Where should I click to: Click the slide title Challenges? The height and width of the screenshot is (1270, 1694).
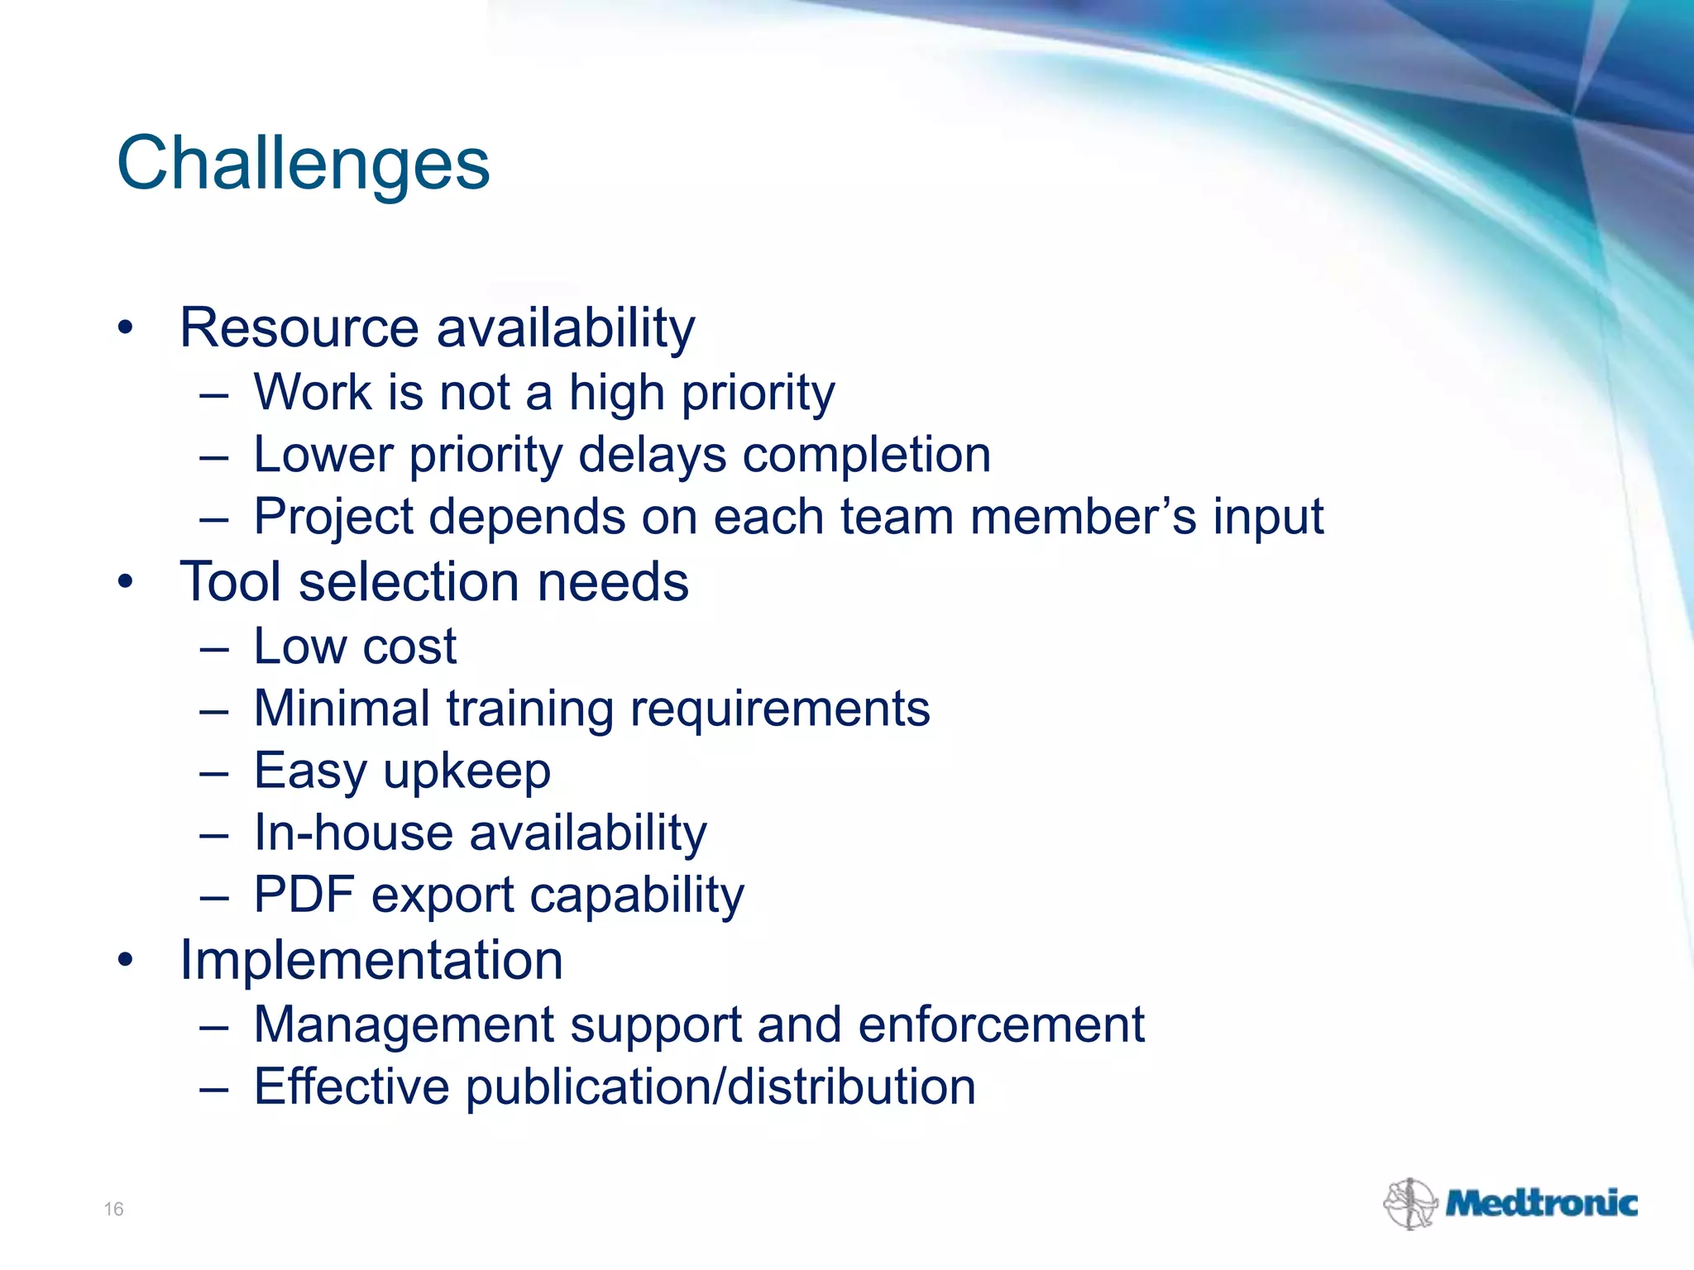click(303, 164)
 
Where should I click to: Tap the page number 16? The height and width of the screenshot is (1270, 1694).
click(113, 1209)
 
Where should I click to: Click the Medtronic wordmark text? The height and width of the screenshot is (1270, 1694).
click(1541, 1203)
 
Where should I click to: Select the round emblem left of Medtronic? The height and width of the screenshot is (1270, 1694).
click(1409, 1204)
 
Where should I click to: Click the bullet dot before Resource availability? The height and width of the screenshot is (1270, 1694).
click(125, 328)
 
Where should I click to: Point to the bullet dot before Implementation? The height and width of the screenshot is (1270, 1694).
click(125, 961)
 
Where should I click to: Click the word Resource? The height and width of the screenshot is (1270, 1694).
click(299, 328)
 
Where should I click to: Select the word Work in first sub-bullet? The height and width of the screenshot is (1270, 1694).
click(313, 392)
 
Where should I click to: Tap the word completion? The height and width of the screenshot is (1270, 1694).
click(866, 455)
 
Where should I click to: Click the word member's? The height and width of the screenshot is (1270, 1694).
click(1083, 517)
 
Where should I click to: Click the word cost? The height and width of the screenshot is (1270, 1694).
click(409, 647)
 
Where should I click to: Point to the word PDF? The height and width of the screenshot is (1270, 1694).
click(304, 895)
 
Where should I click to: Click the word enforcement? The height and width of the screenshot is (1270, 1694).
click(1001, 1024)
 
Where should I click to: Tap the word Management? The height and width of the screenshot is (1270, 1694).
click(404, 1024)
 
